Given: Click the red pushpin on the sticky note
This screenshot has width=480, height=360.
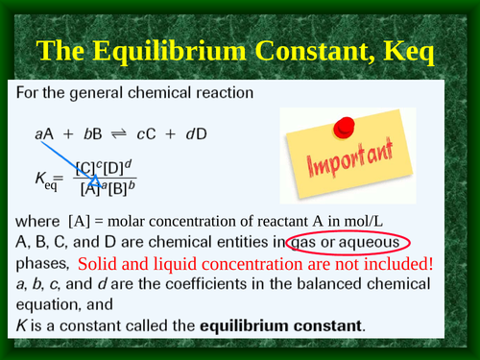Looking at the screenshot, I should (343, 128).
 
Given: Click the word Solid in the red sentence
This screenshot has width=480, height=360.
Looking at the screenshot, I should (99, 263).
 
